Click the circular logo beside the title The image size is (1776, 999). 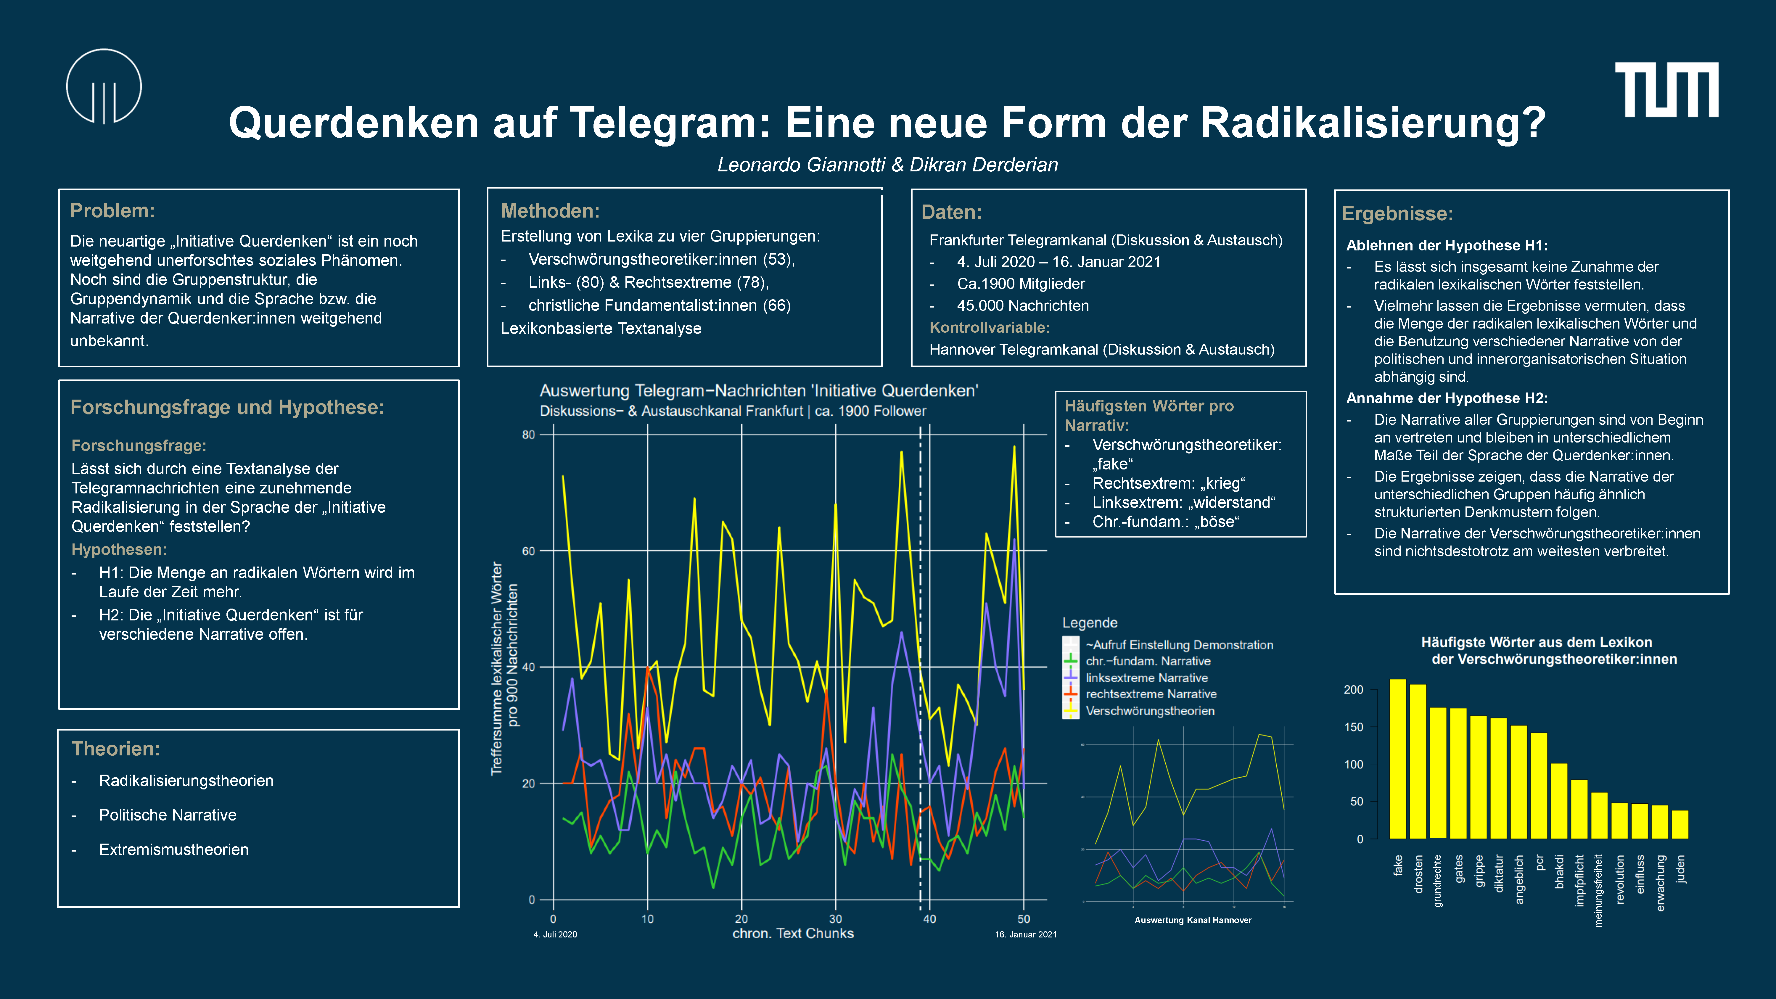104,86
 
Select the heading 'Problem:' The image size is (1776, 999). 112,211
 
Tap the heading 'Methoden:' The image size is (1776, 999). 550,211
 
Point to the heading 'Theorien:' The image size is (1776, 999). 116,749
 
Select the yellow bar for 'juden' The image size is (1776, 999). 1680,825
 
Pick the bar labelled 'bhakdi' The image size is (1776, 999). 1559,801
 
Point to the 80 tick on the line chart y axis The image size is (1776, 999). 528,435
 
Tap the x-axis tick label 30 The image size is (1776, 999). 836,919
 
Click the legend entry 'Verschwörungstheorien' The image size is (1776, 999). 1149,711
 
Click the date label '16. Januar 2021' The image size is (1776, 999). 1025,935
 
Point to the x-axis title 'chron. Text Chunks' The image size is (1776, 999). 793,934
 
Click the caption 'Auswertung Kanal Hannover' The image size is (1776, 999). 1193,920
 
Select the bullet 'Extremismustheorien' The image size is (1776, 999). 174,850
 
